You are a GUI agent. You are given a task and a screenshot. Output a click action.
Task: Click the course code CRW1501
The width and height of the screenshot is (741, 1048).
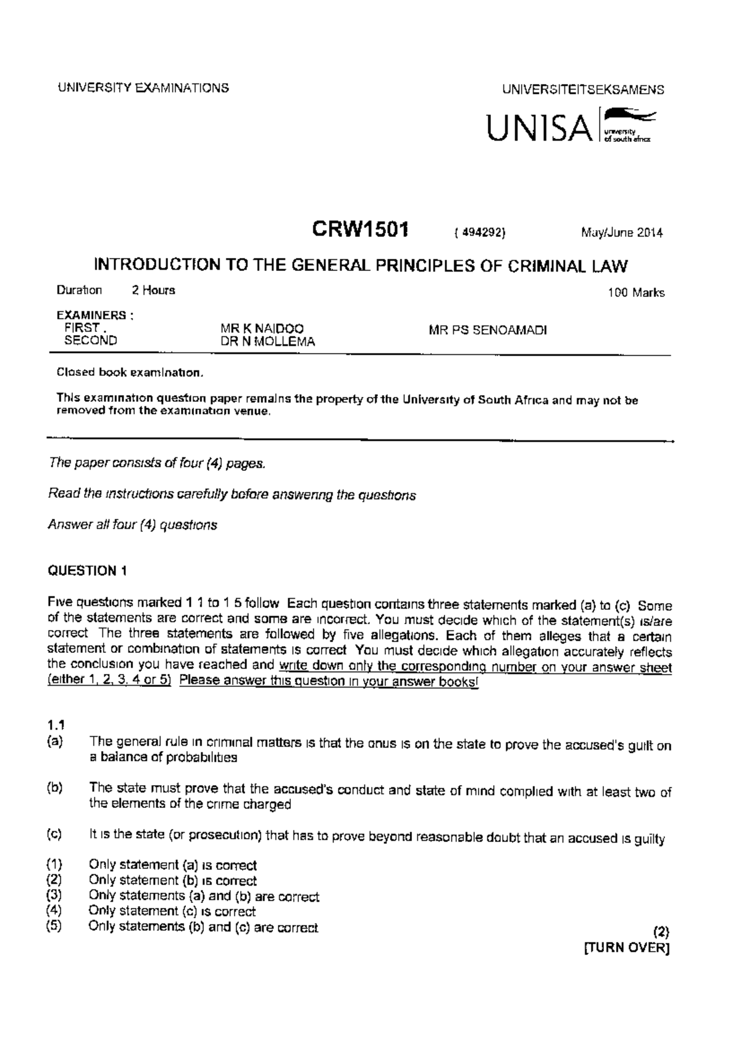[x=360, y=230]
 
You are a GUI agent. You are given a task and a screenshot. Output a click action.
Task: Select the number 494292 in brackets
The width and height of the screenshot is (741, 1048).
[x=480, y=233]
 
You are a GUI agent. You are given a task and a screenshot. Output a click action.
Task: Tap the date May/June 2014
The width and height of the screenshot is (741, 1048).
[x=621, y=233]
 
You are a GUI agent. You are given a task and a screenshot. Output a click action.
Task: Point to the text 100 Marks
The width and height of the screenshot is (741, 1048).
[x=636, y=293]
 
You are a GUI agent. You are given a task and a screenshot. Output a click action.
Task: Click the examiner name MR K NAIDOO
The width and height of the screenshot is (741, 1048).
[x=262, y=330]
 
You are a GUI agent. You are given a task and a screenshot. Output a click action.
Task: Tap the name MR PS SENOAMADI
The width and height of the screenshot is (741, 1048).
[x=487, y=330]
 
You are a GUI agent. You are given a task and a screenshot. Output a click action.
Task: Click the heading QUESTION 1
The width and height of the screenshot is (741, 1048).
[x=87, y=571]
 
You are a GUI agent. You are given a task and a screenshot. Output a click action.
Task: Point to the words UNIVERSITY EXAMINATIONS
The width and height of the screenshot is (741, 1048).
[x=143, y=88]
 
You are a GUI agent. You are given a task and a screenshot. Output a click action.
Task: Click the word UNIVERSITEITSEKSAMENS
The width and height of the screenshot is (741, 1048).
[x=584, y=89]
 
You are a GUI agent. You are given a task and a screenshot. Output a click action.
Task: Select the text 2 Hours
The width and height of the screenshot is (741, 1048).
[x=153, y=290]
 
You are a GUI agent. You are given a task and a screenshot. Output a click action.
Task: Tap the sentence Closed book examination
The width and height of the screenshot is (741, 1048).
[x=129, y=373]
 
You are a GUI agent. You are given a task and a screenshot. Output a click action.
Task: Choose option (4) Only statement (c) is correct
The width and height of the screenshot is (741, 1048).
[x=172, y=911]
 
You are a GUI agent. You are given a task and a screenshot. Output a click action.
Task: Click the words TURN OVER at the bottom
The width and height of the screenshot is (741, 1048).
[x=626, y=948]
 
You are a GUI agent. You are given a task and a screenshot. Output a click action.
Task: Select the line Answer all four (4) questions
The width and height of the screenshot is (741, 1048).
[x=132, y=525]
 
